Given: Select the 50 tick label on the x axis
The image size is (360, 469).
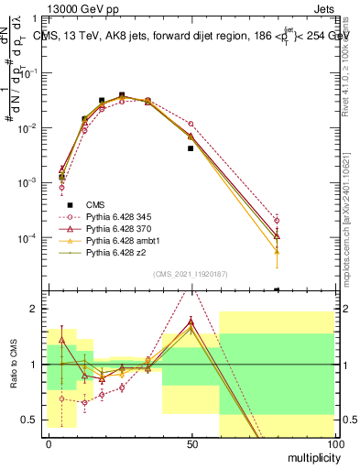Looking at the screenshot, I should pos(191,443).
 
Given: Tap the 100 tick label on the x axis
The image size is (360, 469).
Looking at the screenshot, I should pos(333,443).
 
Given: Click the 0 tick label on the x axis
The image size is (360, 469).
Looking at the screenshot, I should pos(49,443).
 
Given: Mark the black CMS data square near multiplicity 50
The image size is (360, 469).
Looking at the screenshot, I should pos(191,147).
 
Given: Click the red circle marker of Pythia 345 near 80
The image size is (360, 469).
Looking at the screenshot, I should pos(277,220).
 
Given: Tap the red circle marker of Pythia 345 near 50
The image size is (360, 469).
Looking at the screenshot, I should pos(191,124).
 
